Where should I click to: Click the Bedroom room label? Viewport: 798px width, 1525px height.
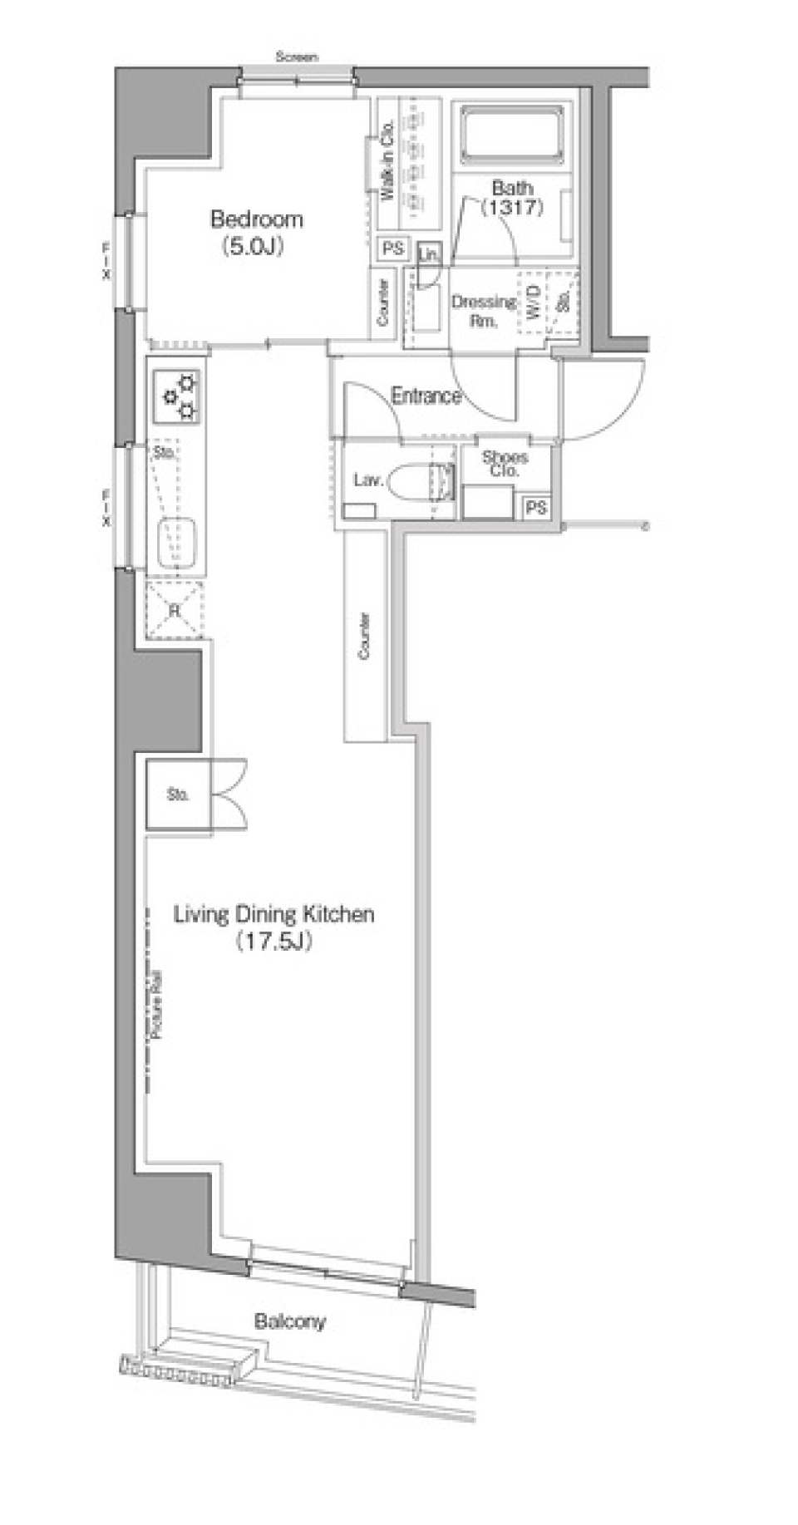pyautogui.click(x=256, y=219)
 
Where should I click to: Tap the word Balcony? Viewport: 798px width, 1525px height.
pyautogui.click(x=290, y=1321)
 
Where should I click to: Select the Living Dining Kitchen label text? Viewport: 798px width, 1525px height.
pyautogui.click(x=273, y=914)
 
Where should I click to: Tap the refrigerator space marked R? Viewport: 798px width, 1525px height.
pyautogui.click(x=175, y=610)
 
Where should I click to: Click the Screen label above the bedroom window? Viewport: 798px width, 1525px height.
pyautogui.click(x=297, y=57)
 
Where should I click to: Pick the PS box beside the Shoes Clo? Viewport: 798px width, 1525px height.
pyautogui.click(x=536, y=506)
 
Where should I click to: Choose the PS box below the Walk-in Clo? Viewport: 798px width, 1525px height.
pyautogui.click(x=392, y=248)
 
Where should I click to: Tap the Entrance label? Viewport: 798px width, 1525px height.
pyautogui.click(x=426, y=396)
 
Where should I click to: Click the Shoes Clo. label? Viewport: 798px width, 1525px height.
pyautogui.click(x=505, y=464)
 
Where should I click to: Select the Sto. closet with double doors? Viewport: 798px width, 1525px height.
pyautogui.click(x=178, y=794)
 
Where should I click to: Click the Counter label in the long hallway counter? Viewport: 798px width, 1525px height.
pyautogui.click(x=364, y=636)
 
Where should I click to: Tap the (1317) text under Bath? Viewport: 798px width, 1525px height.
pyautogui.click(x=515, y=208)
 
